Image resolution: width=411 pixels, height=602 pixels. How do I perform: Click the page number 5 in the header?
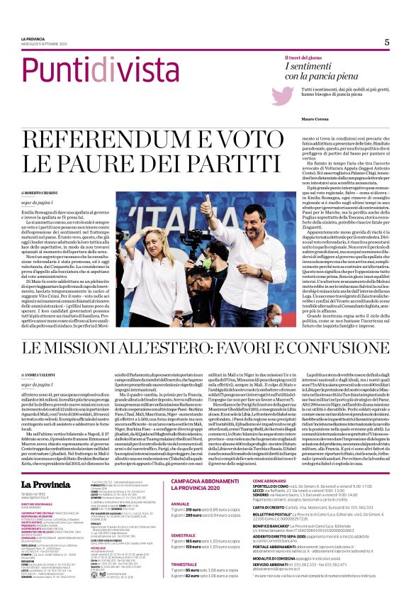(387, 42)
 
